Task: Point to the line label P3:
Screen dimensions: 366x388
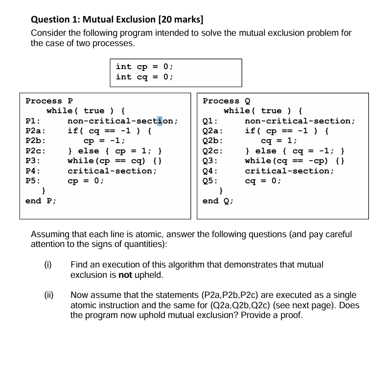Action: tap(32, 161)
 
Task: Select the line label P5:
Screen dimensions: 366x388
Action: tap(32, 181)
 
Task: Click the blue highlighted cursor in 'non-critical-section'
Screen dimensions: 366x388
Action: tap(160, 121)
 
